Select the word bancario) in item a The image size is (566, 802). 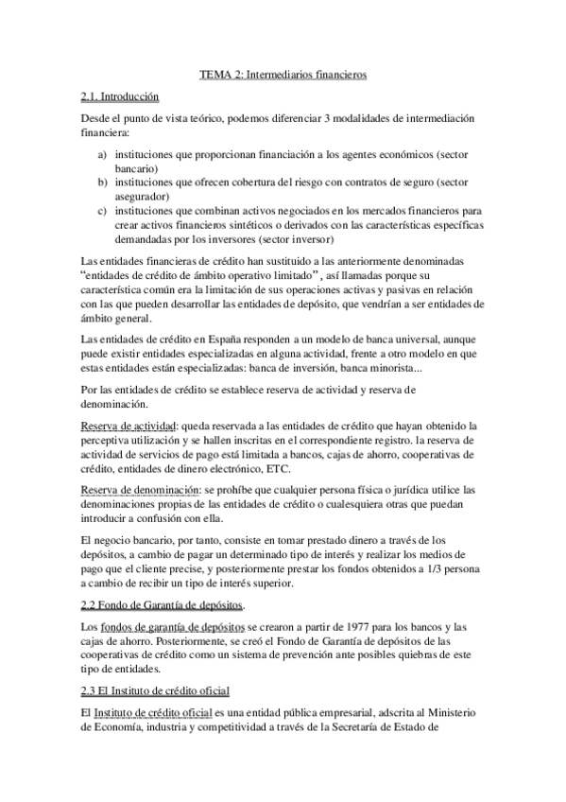(x=137, y=166)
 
